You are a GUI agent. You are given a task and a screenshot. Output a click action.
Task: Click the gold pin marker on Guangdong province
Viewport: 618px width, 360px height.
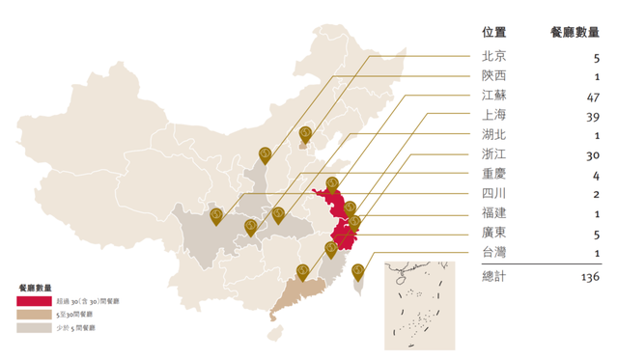[302, 271]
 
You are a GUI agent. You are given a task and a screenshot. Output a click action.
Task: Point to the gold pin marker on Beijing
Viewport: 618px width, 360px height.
[306, 134]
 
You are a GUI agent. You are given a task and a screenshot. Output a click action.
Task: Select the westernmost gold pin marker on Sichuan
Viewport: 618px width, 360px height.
[215, 216]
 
